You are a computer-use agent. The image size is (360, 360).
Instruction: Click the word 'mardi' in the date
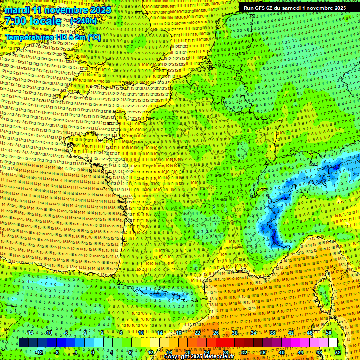pyautogui.click(x=16, y=10)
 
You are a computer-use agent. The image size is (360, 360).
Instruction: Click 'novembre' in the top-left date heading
pyautogui.click(x=64, y=10)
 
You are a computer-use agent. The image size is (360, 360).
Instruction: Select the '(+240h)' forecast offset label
pyautogui.click(x=83, y=21)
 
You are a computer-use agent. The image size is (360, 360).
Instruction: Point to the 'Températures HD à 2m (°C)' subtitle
pyautogui.click(x=52, y=37)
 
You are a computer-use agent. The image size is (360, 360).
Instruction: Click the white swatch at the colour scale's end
pyautogui.click(x=333, y=343)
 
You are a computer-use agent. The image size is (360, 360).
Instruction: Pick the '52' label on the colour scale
pyautogui.click(x=337, y=352)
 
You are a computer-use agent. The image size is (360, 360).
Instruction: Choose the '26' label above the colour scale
pyautogui.click(x=216, y=333)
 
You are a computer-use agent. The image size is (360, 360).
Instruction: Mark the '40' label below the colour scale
pyautogui.click(x=281, y=352)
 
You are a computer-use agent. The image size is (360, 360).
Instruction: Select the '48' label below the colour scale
pyautogui.click(x=319, y=352)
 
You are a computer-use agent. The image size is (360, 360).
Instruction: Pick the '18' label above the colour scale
pyautogui.click(x=179, y=333)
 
